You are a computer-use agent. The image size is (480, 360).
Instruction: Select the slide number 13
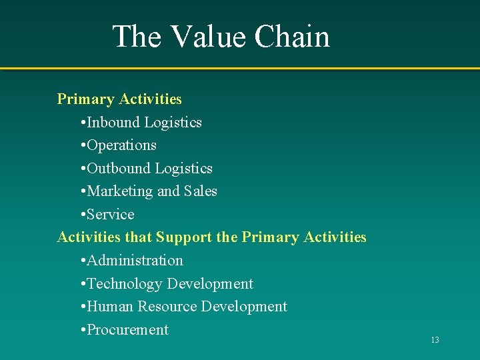[435, 340]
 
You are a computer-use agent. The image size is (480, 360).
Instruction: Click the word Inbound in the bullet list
[113, 123]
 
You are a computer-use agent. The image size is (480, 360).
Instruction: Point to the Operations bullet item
[121, 145]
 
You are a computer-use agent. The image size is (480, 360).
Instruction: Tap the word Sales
[201, 191]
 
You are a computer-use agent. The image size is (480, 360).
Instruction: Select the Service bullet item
[111, 215]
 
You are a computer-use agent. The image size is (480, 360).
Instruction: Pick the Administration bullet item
[135, 261]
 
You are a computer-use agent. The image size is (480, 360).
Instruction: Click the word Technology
[125, 284]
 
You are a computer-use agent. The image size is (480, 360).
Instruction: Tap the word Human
[109, 307]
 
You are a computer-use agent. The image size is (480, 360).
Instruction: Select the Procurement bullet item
[127, 330]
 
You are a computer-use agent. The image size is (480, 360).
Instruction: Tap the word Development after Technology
[210, 284]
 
